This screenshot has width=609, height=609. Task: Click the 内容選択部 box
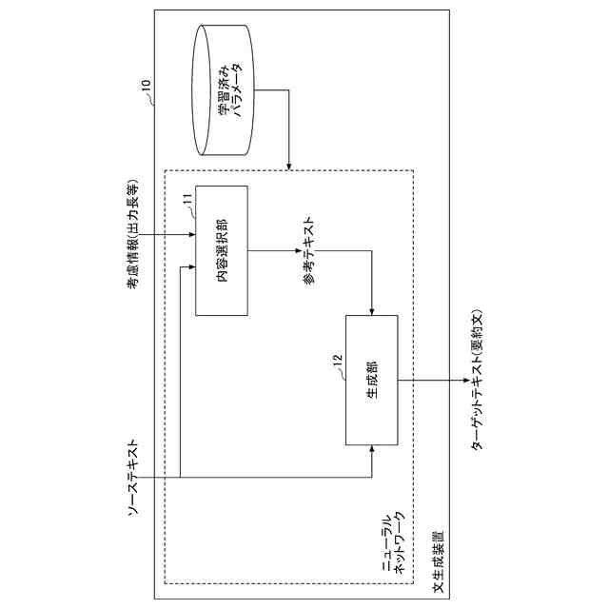tap(221, 250)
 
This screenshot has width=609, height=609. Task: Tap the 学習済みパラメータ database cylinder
tap(225, 90)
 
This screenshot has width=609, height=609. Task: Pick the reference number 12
tap(337, 360)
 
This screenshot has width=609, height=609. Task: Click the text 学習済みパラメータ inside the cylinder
tap(231, 90)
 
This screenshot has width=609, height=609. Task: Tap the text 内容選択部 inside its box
tap(221, 250)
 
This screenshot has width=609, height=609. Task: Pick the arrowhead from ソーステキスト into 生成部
tap(372, 446)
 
